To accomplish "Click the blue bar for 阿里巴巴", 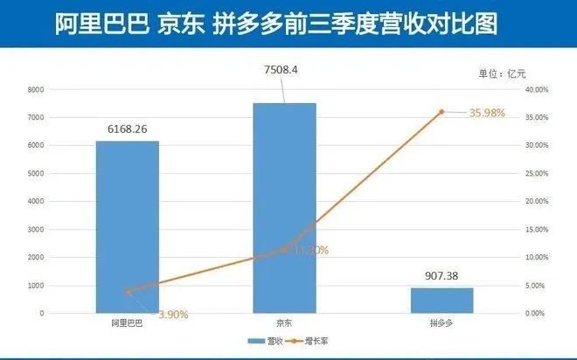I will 127,226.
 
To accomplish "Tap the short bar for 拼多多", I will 441,300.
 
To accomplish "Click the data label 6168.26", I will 128,128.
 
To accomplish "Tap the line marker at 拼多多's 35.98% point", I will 441,112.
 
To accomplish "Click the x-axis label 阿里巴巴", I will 127,323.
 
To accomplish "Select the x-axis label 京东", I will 284,323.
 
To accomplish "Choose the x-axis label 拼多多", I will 441,323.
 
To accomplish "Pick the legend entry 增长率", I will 322,340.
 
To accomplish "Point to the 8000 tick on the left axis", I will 35,90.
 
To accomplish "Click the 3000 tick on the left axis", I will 35,229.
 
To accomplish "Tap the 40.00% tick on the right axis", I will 534,90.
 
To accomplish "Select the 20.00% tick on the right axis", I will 534,201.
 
